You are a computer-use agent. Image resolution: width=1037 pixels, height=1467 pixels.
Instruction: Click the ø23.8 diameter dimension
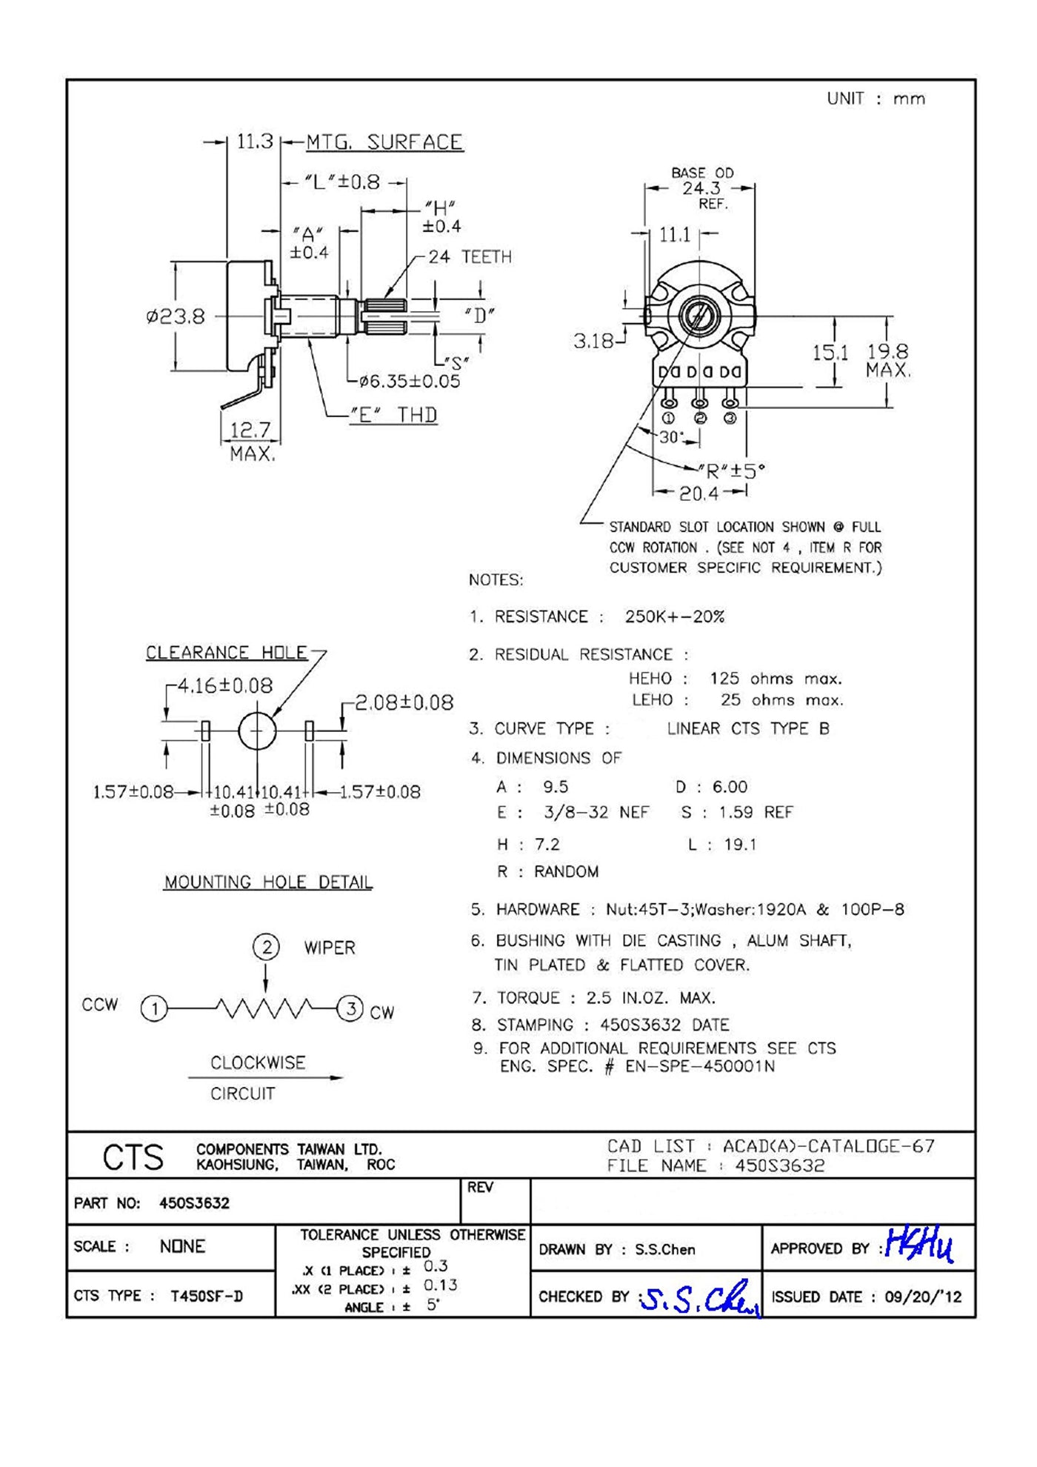[x=176, y=317]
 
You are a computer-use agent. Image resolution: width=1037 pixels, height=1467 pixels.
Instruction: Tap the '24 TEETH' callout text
[x=470, y=257]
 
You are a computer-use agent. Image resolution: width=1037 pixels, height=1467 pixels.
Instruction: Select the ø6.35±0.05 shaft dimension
[x=410, y=382]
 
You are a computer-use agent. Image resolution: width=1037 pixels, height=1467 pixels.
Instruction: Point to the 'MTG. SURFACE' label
[x=384, y=142]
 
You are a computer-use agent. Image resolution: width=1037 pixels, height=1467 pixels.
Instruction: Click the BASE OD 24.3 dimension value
[x=701, y=188]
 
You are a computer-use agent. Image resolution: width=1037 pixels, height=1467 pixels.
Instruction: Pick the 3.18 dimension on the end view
[x=593, y=341]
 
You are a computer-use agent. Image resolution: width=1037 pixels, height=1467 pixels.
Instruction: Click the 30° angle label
[x=670, y=437]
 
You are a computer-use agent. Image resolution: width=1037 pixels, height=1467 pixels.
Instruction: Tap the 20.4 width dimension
[x=698, y=493]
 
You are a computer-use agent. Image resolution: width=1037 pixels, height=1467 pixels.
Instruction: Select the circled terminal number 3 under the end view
[x=730, y=418]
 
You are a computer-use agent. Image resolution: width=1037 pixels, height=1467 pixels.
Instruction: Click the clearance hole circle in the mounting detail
[x=257, y=731]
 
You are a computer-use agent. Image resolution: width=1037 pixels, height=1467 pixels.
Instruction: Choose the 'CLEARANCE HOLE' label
[x=227, y=653]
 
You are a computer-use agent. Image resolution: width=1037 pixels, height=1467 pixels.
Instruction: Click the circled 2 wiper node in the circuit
[x=266, y=947]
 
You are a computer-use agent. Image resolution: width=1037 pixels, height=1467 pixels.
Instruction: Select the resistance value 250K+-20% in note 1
[x=674, y=616]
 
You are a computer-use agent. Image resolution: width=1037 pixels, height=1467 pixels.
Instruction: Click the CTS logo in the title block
[x=133, y=1157]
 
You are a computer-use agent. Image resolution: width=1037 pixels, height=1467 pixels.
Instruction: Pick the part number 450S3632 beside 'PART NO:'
[x=194, y=1203]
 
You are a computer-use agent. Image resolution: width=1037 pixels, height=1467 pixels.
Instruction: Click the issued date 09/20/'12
[x=922, y=1297]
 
